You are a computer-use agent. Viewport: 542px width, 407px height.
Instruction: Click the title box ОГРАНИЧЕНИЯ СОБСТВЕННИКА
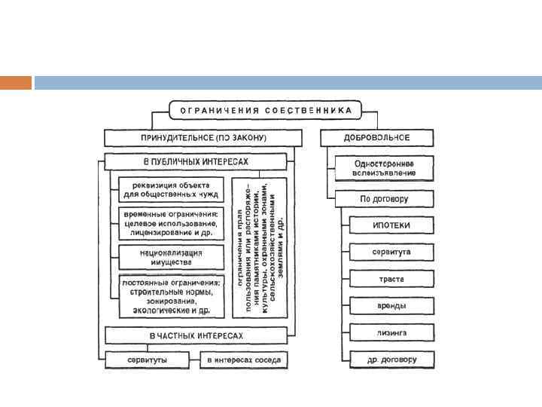pos(266,110)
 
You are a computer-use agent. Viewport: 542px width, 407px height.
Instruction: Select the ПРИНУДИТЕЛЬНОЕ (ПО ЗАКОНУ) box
pos(203,138)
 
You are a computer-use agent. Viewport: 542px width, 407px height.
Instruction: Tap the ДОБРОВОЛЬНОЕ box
pos(376,138)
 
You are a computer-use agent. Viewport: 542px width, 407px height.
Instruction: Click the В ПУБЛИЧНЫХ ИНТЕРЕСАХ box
pos(196,162)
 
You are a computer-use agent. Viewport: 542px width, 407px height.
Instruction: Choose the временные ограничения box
pos(171,224)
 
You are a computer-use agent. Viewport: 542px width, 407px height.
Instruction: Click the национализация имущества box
pos(171,256)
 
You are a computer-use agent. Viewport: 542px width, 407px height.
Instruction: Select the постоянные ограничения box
pos(171,295)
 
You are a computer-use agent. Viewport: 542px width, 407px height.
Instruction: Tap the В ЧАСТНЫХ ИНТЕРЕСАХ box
pos(196,335)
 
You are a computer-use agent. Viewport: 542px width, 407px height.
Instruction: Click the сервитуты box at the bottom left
pos(147,360)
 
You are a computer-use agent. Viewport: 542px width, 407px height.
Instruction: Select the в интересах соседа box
pos(245,360)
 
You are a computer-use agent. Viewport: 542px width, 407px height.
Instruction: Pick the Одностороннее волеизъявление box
pos(384,168)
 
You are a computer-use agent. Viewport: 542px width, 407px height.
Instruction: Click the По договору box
pos(384,200)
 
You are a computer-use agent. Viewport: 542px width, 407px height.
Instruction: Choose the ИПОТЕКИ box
pos(391,225)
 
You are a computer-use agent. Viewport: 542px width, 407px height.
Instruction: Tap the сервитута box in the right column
pos(391,252)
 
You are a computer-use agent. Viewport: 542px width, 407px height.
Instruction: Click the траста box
pos(391,279)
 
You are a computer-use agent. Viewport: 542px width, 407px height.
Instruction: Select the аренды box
pos(391,306)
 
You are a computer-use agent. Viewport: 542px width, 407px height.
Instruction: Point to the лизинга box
pos(391,332)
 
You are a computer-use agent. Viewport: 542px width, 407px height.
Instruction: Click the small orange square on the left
pos(16,82)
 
